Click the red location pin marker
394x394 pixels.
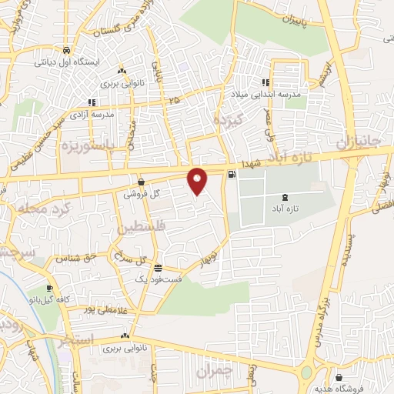click(x=198, y=180)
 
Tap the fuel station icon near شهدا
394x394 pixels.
click(x=232, y=173)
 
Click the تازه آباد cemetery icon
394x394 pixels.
click(x=286, y=197)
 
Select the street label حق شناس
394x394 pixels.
click(x=70, y=259)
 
